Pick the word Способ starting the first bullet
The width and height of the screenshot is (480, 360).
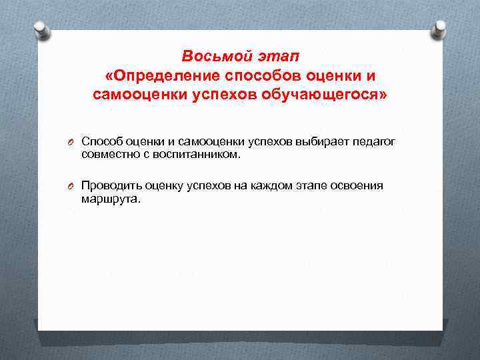pos(101,141)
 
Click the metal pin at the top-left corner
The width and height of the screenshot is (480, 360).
pos(41,29)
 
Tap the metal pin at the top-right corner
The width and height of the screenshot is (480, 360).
pos(439,29)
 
